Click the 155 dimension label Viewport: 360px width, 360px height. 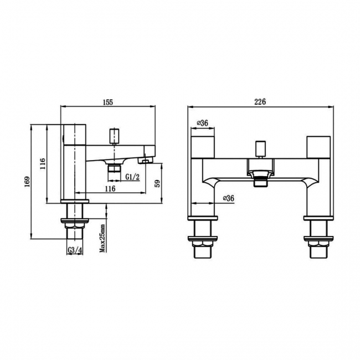tap(108, 102)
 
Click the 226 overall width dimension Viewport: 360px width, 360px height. tap(261, 102)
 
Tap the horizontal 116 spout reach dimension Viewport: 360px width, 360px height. tap(109, 189)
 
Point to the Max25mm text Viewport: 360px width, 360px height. tap(103, 238)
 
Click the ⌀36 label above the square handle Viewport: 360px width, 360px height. tap(202, 124)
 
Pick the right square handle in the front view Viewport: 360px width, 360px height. tap(318, 146)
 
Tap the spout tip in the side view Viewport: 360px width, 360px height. tap(147, 161)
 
